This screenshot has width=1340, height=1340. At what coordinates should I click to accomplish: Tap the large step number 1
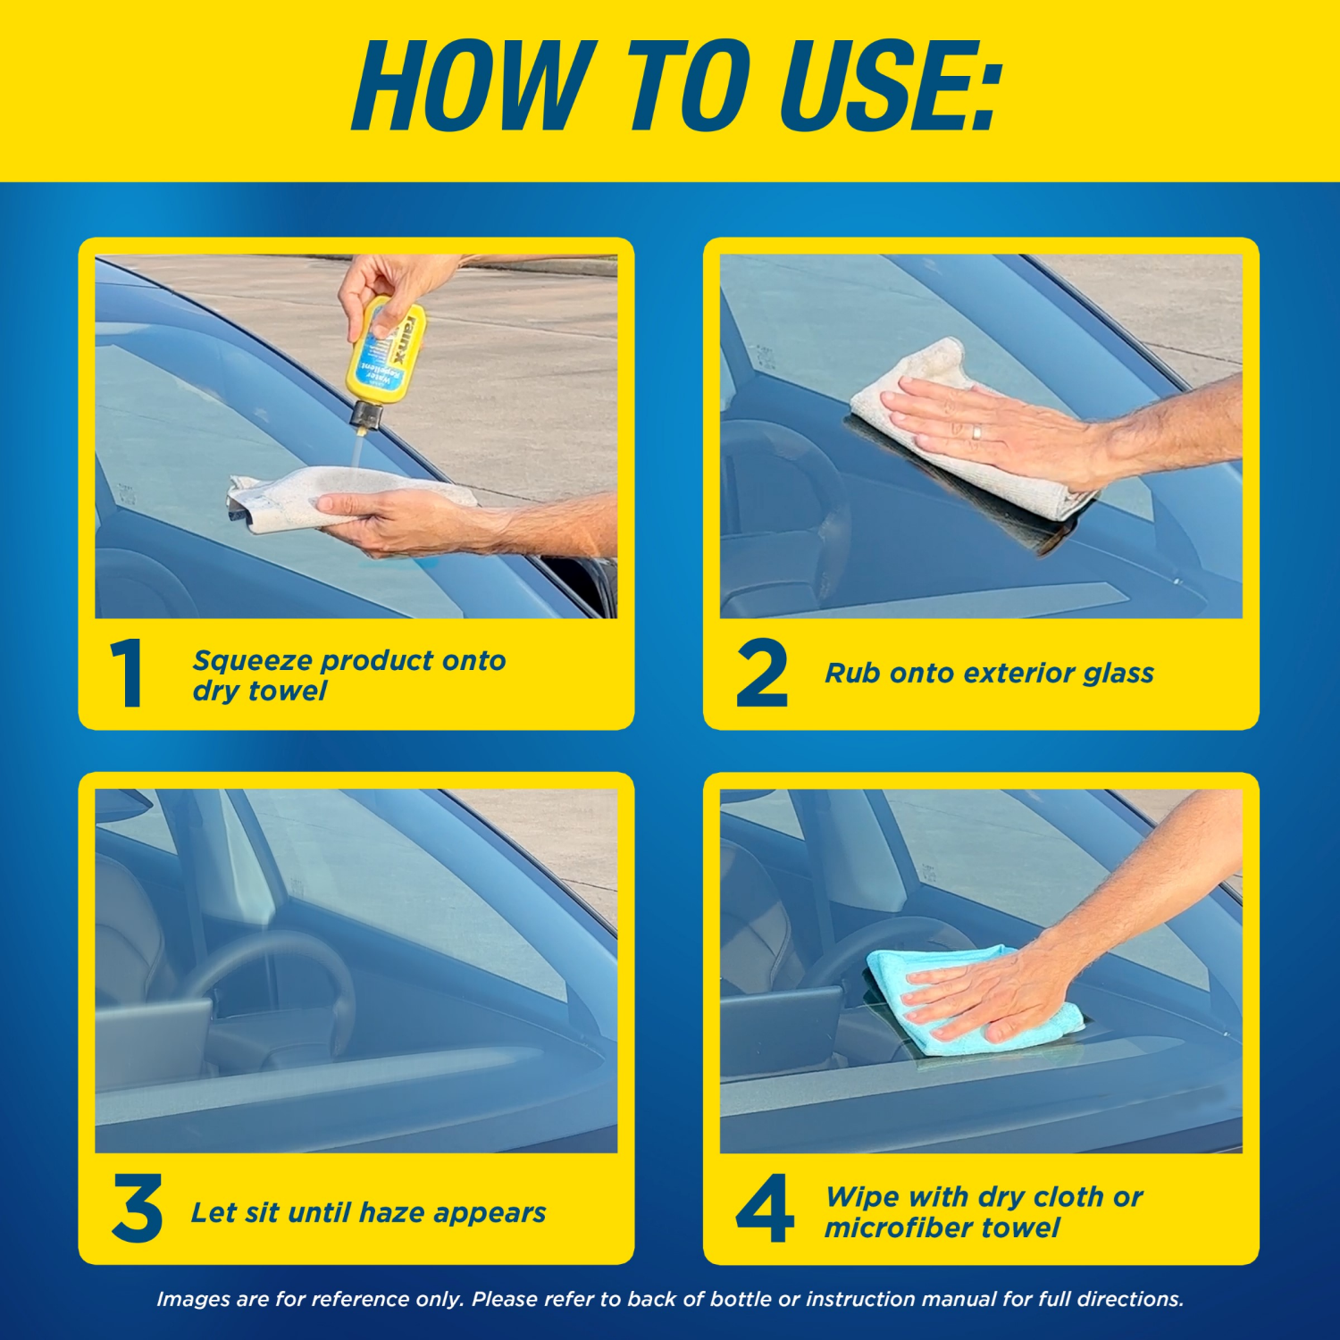tap(128, 674)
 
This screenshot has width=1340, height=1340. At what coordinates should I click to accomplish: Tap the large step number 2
tap(761, 674)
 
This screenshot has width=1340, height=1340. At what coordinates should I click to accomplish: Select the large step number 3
tap(137, 1209)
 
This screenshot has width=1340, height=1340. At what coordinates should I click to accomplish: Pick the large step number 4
tap(765, 1209)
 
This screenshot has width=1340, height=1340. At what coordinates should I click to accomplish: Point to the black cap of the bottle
tap(366, 415)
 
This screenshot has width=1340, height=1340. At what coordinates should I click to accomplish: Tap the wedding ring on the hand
tap(977, 433)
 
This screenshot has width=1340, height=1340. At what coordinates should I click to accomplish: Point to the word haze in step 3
tap(396, 1213)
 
